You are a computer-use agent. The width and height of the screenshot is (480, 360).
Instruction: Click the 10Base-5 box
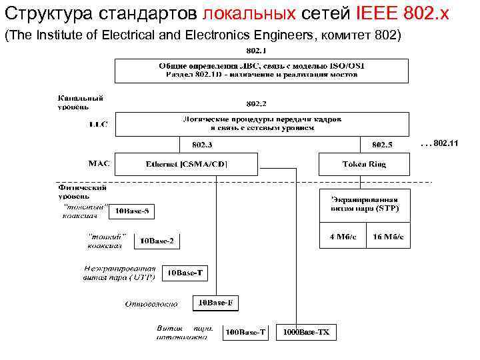(134, 212)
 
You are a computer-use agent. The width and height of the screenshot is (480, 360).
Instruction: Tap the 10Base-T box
(185, 273)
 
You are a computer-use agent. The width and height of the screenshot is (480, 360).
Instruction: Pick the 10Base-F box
(215, 303)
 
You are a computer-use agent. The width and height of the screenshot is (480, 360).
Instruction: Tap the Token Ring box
(364, 164)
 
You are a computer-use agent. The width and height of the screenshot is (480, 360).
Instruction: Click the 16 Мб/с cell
(387, 237)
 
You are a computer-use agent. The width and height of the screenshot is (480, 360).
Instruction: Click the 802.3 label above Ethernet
(202, 145)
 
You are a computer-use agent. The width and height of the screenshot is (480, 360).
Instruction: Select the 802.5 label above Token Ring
(382, 145)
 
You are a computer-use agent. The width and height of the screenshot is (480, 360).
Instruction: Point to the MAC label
(100, 162)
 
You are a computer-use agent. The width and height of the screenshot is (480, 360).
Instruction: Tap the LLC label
(98, 124)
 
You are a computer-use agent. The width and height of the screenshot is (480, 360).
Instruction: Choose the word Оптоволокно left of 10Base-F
(151, 305)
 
